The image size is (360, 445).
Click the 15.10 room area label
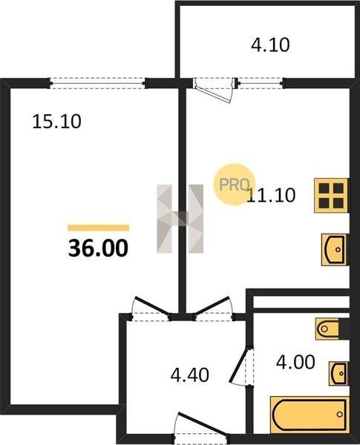click(57, 122)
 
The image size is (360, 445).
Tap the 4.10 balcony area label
click(270, 44)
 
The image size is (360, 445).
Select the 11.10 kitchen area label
click(271, 195)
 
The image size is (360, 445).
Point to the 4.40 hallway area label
click(190, 375)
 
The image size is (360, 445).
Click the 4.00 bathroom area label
click(295, 362)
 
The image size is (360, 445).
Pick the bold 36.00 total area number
click(98, 248)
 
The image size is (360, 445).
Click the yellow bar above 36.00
click(98, 228)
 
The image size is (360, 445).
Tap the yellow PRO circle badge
click(235, 184)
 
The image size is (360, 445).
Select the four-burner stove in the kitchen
click(331, 195)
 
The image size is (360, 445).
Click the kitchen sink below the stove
click(335, 250)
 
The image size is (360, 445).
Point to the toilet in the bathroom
click(327, 329)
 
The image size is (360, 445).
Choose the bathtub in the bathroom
click(310, 415)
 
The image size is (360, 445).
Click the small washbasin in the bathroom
click(338, 373)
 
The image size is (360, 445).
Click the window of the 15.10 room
click(98, 83)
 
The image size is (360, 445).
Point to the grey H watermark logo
click(180, 219)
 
